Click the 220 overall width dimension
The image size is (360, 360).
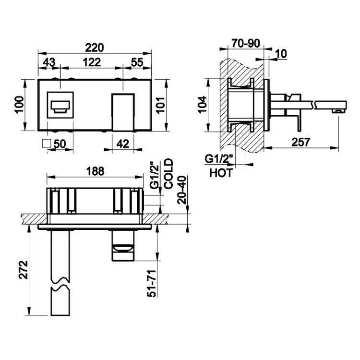click(x=95, y=48)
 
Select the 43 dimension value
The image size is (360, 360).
click(x=49, y=62)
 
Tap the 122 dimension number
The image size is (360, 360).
click(x=92, y=62)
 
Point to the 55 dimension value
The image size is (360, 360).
click(x=137, y=62)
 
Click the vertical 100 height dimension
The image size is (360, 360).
click(x=19, y=105)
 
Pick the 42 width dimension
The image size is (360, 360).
click(x=122, y=144)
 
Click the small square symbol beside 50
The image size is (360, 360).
click(x=47, y=144)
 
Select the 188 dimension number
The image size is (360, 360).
click(x=95, y=171)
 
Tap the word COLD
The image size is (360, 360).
click(x=168, y=174)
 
